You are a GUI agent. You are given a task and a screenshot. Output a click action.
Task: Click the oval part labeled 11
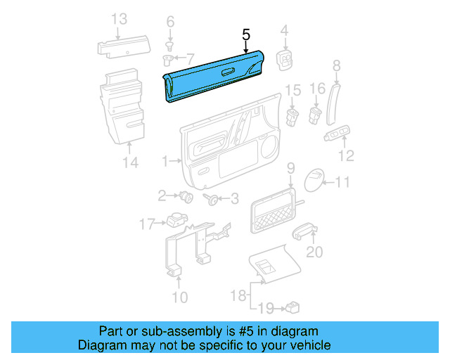click(316, 181)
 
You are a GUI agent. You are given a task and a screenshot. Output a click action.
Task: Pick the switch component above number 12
click(339, 134)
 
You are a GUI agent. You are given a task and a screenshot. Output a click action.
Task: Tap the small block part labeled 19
click(292, 306)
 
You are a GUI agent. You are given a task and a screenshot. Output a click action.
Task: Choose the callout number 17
click(146, 224)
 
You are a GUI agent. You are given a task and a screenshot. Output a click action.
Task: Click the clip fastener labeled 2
click(186, 197)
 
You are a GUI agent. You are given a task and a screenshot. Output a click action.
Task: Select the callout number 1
click(166, 162)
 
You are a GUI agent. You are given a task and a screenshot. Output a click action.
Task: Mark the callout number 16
click(318, 89)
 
